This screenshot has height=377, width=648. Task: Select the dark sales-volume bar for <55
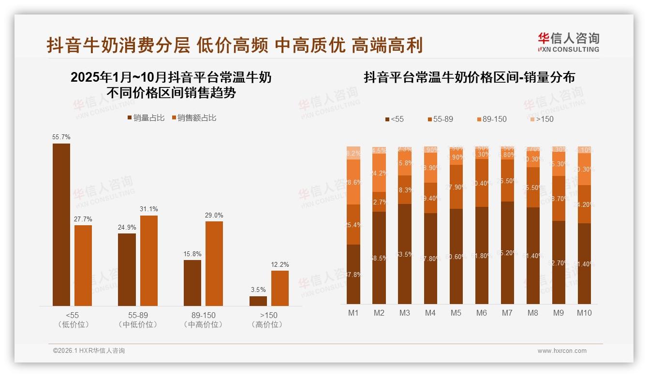(x=61, y=225)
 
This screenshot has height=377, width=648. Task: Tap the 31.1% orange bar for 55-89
(x=149, y=261)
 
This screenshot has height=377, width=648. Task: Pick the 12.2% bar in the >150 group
(x=280, y=288)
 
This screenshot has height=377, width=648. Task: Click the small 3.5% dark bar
(x=258, y=301)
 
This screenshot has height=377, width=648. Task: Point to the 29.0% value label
(x=214, y=215)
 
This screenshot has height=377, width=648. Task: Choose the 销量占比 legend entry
(x=146, y=117)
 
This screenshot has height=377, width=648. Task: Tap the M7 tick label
(x=507, y=313)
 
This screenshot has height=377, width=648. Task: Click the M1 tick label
(x=353, y=313)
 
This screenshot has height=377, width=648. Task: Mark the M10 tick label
(x=584, y=313)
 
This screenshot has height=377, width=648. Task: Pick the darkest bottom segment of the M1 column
(x=353, y=274)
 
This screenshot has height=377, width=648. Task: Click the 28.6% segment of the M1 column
(x=353, y=182)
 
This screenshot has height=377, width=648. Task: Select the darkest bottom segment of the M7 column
(x=507, y=252)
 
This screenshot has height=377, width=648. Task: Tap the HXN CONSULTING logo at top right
(x=568, y=42)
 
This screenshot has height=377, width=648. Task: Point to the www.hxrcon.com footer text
(x=561, y=351)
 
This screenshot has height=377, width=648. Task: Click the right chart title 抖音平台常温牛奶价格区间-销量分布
(x=469, y=77)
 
